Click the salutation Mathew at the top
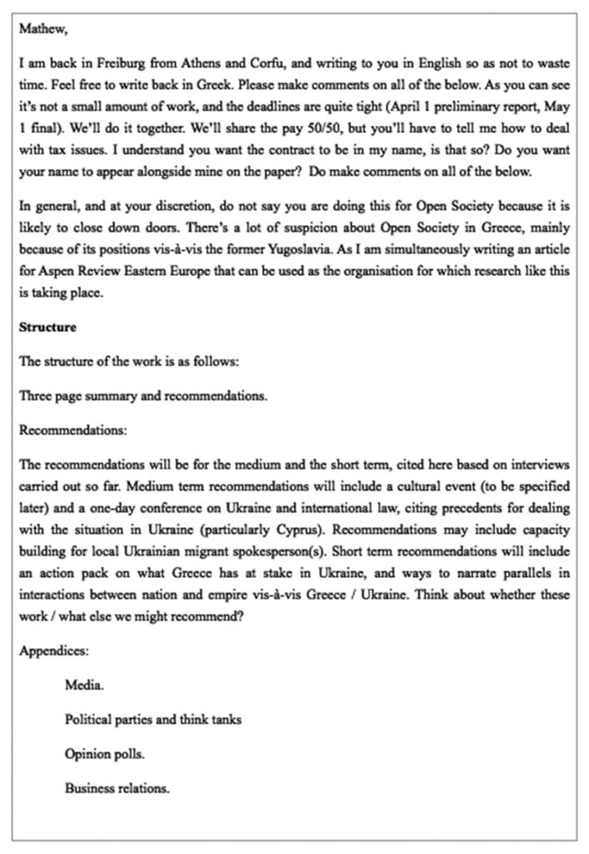point(43,31)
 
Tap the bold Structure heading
point(48,328)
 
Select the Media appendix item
point(84,686)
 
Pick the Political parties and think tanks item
point(154,720)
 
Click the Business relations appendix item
point(117,787)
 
